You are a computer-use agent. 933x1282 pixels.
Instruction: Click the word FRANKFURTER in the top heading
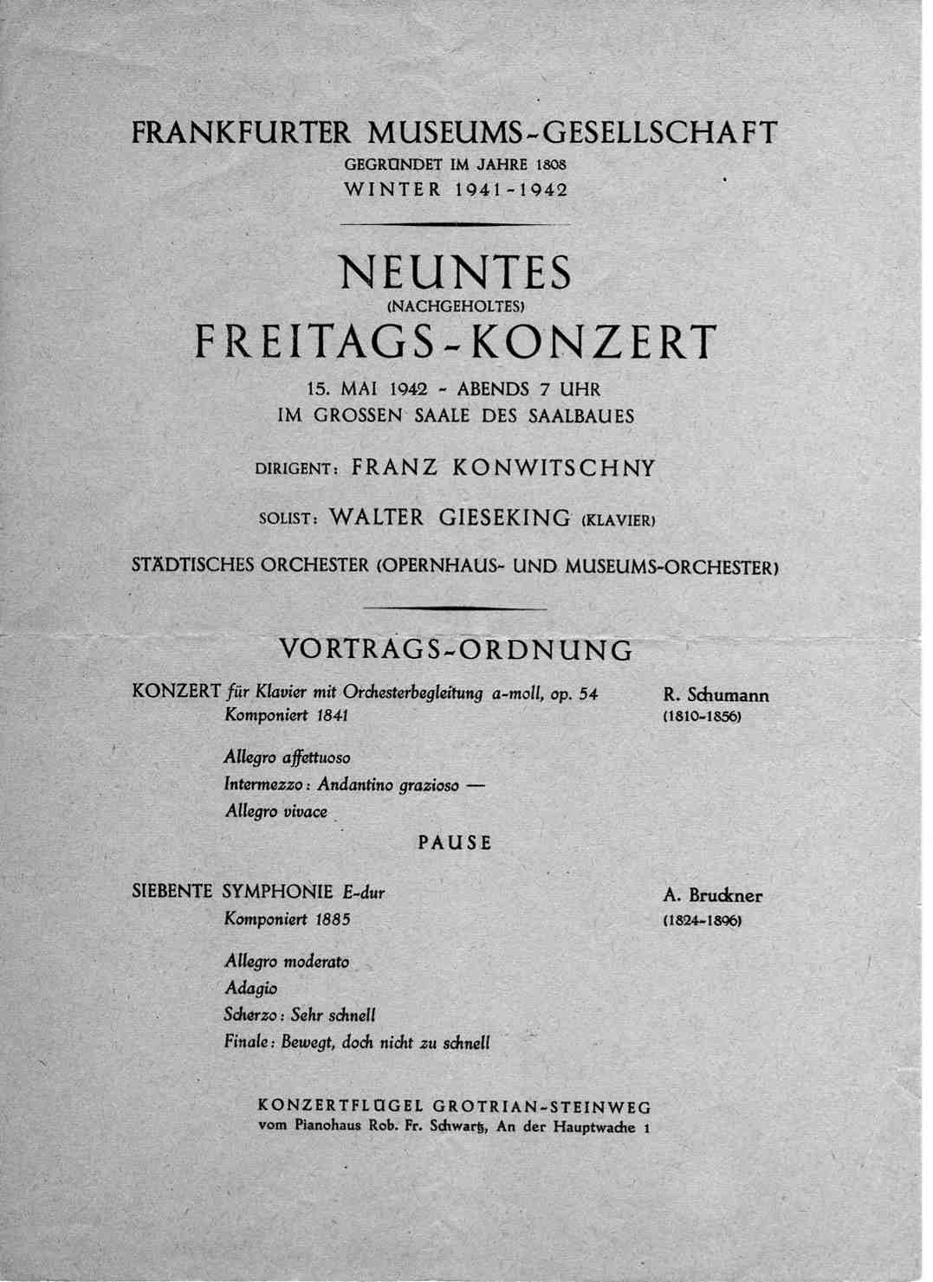(241, 133)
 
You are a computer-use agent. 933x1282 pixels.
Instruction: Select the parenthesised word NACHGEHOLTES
(456, 306)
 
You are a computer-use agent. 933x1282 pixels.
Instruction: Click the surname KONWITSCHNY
(554, 468)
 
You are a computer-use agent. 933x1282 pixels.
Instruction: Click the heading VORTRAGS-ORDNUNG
(456, 649)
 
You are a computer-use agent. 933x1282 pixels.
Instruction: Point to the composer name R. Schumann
(716, 694)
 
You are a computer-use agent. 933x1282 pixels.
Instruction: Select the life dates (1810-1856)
(702, 718)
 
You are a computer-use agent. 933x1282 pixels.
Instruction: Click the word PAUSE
(456, 842)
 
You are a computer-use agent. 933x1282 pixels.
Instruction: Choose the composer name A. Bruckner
(712, 897)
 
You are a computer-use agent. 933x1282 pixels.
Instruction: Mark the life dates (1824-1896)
(702, 921)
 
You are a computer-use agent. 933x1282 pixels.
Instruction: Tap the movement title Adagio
(250, 988)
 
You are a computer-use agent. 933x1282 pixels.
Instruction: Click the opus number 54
(588, 693)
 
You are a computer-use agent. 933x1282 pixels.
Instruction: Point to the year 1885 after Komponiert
(333, 919)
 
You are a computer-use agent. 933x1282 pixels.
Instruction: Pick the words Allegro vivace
(275, 812)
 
